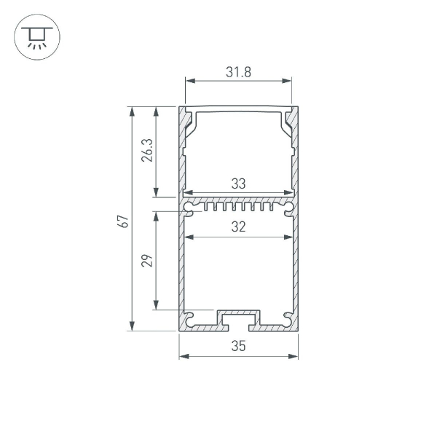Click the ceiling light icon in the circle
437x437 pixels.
[x=34, y=37]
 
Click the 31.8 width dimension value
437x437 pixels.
[x=238, y=72]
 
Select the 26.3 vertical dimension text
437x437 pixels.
[x=146, y=151]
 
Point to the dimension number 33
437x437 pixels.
[x=238, y=184]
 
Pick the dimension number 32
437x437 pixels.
[x=238, y=227]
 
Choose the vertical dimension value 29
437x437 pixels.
[x=146, y=261]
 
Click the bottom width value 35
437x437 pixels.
[x=238, y=347]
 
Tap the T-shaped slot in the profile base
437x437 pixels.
[x=238, y=318]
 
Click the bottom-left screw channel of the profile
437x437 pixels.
[x=190, y=318]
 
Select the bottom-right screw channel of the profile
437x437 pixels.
[x=287, y=318]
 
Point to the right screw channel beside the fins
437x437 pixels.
[x=288, y=208]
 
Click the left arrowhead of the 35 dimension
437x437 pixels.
[x=183, y=356]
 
